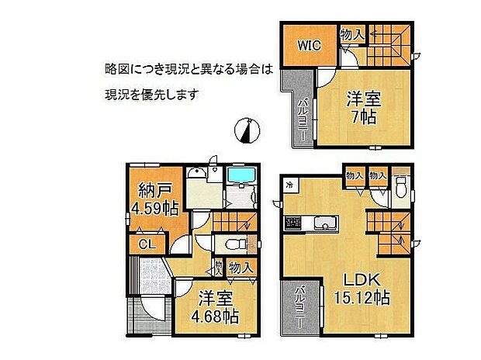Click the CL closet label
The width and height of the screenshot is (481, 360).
147,245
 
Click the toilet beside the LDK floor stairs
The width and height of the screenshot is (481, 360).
401,187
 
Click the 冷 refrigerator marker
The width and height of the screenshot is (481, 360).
289,185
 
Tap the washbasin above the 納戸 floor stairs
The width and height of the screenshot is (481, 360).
199,177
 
